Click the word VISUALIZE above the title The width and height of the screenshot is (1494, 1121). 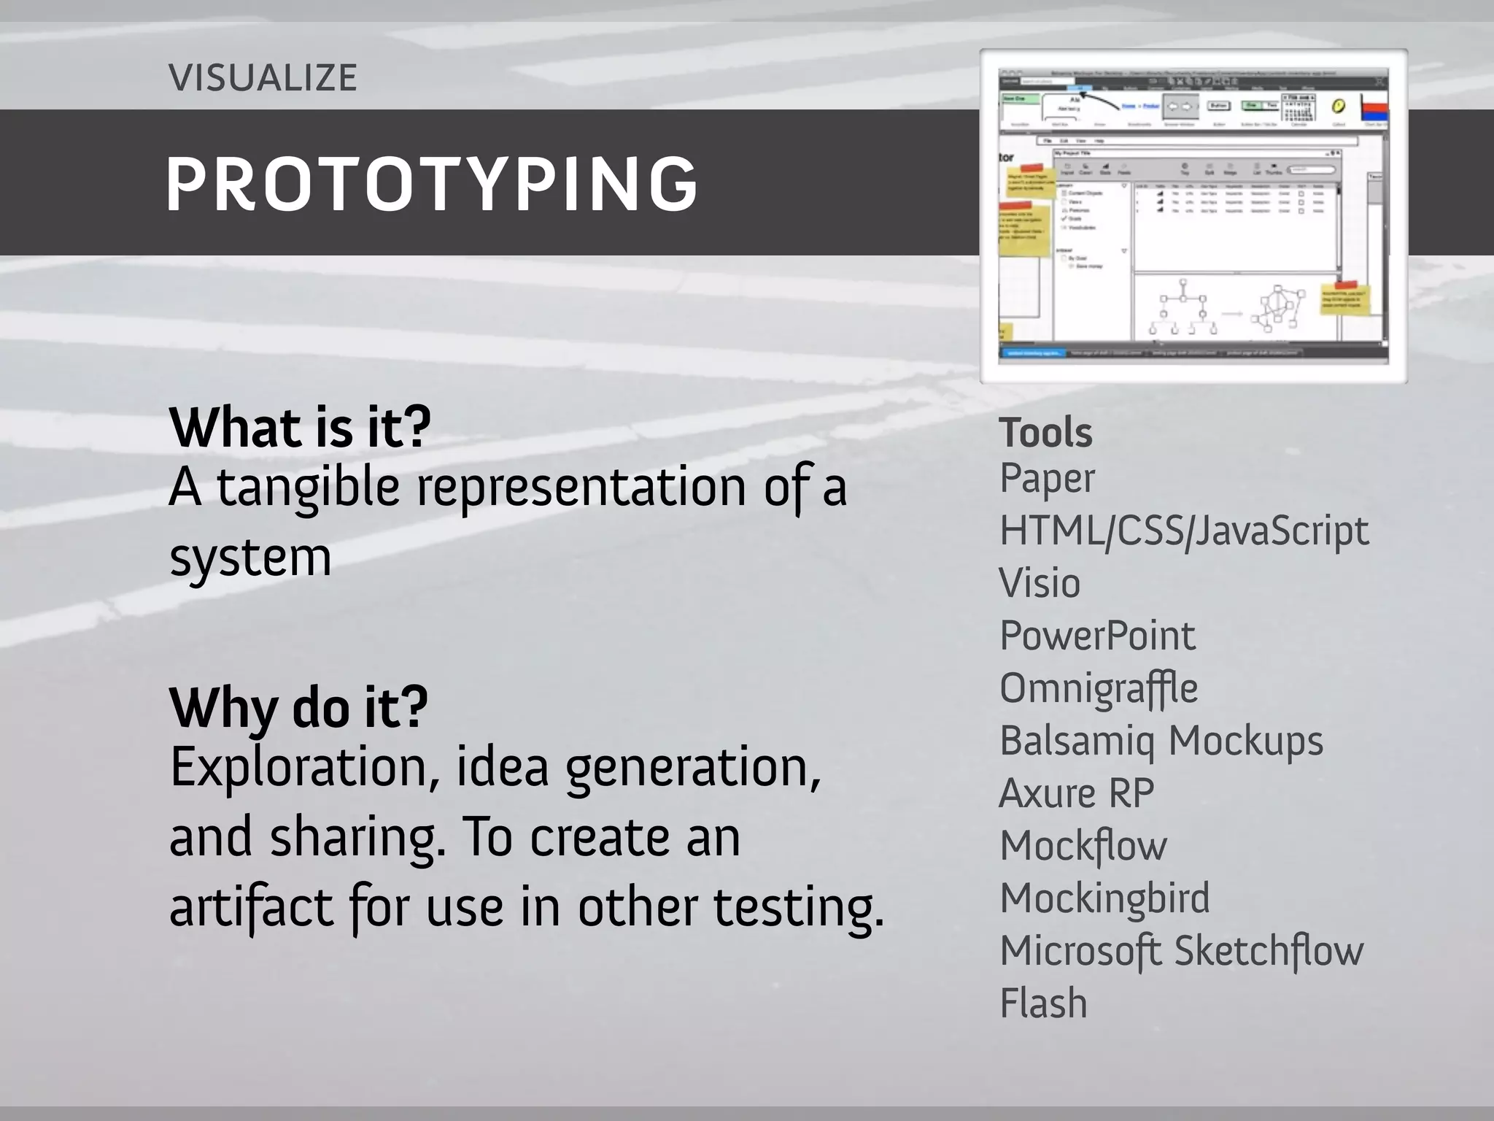coord(263,77)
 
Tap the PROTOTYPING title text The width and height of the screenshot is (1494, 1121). coord(432,184)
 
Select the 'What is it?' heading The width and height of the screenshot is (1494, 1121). coord(300,428)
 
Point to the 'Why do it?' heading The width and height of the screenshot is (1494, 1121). coord(298,707)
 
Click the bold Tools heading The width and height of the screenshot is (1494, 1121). coord(1045,432)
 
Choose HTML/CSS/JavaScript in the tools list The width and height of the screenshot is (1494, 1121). coord(1184,531)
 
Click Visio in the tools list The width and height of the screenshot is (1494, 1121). coord(1040,583)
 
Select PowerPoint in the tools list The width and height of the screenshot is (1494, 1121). coord(1097,636)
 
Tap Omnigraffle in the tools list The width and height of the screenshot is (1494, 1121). coord(1099,688)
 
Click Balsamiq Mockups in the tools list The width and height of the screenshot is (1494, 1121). coord(1161,741)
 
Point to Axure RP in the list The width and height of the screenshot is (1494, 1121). coord(1077,793)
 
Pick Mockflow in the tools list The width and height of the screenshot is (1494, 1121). coord(1083,847)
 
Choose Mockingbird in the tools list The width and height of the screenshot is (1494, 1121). coord(1104,899)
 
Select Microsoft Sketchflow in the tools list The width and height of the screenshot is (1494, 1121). coord(1181,952)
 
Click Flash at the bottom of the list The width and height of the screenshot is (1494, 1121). coord(1043,1003)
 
